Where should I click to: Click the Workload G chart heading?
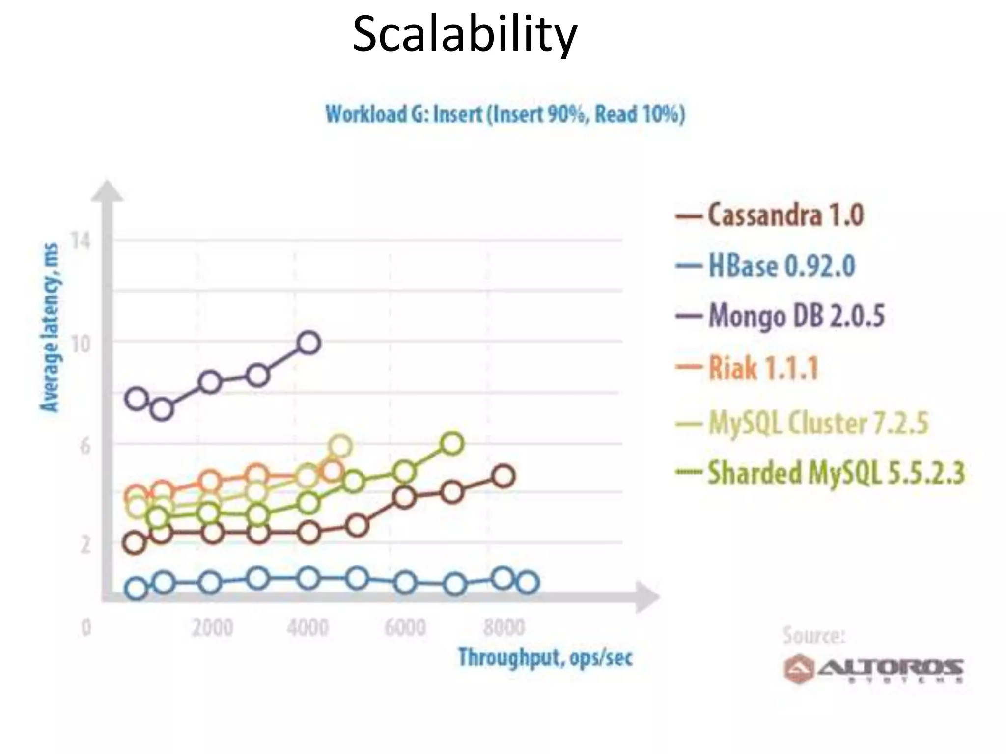pos(505,114)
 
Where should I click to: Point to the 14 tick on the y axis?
pos(81,242)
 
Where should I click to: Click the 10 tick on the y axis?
pos(81,344)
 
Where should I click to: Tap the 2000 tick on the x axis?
pos(212,628)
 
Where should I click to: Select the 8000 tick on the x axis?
pos(504,628)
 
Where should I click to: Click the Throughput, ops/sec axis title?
pos(545,657)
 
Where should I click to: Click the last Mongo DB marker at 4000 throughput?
pos(308,343)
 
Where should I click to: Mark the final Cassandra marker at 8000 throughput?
pos(503,476)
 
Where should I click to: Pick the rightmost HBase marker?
pos(528,583)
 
